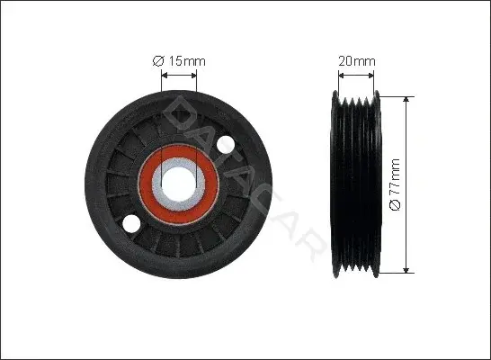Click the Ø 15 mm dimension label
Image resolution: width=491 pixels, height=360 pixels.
179,61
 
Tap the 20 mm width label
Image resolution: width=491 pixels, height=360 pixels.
357,61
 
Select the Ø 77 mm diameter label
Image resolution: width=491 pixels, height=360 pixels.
395,184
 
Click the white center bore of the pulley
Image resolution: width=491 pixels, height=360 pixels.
178,184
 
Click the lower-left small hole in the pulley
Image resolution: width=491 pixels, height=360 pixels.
130,224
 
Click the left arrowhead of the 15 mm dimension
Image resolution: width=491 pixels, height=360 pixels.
165,76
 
